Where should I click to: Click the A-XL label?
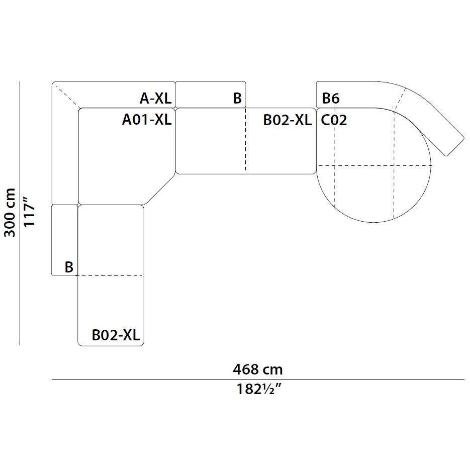(x=155, y=99)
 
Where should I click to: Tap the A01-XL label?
(x=147, y=120)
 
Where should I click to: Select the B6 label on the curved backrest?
(x=331, y=99)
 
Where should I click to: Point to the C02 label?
(x=334, y=120)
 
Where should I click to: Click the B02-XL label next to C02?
(x=288, y=120)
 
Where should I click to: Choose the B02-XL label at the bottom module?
(x=116, y=335)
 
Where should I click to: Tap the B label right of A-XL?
(x=237, y=99)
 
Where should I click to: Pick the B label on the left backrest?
(x=69, y=267)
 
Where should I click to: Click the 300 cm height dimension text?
(x=10, y=213)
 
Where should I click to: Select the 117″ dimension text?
(x=29, y=212)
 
